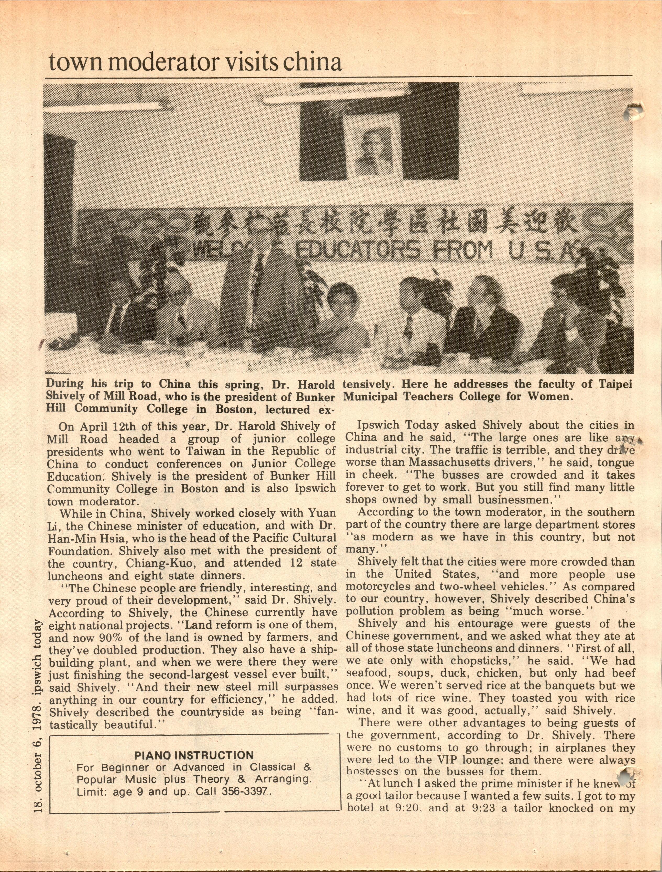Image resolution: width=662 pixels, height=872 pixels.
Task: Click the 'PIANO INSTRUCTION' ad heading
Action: tap(194, 755)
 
